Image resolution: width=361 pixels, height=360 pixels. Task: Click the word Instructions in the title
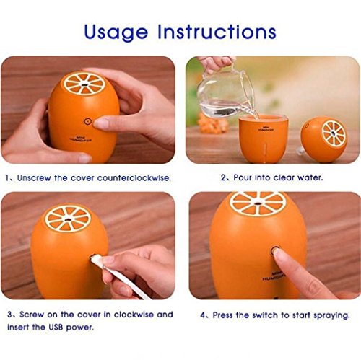coord(217,32)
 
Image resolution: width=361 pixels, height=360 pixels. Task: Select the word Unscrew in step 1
coord(34,178)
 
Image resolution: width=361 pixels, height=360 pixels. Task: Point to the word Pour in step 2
coord(243,177)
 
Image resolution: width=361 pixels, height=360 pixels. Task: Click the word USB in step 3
coord(56,328)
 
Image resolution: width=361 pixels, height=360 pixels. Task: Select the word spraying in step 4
coord(331,315)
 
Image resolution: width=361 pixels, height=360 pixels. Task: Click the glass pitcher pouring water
coord(226,96)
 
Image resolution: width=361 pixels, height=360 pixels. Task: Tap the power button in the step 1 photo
coord(88,121)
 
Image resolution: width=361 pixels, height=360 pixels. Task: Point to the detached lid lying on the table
coord(323,139)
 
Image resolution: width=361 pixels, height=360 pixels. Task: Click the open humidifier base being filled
coord(264,139)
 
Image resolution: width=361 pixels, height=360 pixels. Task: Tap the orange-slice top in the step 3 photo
coord(68,219)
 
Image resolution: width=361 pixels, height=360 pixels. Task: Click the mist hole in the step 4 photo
coord(258,203)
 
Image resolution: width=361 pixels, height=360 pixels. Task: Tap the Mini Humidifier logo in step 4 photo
coord(273,276)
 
